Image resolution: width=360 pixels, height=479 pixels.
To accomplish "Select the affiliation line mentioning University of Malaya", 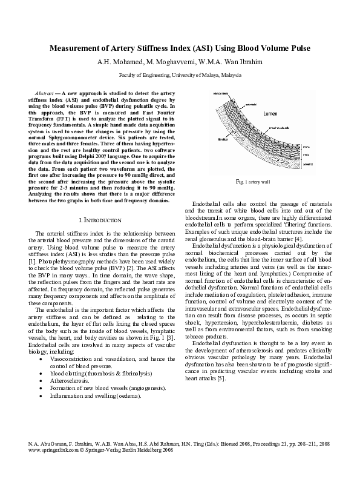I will tap(180, 76).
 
